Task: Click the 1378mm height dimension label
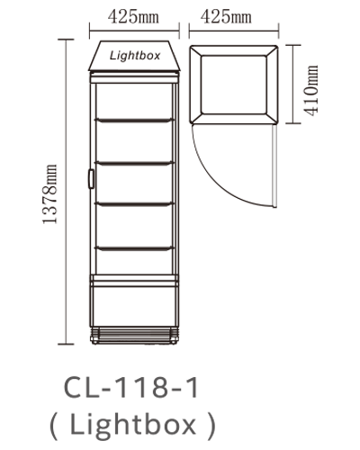click(x=49, y=193)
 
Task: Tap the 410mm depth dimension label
click(x=310, y=90)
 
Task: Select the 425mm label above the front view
click(x=133, y=17)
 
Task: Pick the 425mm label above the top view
click(x=226, y=17)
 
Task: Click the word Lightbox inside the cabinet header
click(x=135, y=56)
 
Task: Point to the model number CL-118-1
click(x=131, y=388)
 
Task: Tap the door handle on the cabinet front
click(x=91, y=179)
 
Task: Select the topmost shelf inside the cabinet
click(x=134, y=121)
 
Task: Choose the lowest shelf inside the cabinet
click(x=134, y=248)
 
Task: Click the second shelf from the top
click(x=134, y=164)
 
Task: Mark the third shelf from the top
click(x=134, y=204)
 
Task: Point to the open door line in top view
click(x=274, y=166)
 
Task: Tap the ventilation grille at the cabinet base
click(x=134, y=336)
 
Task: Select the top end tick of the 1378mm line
click(x=66, y=40)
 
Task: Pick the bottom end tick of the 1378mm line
click(x=66, y=344)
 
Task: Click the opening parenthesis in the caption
click(x=53, y=425)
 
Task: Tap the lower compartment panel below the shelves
click(x=134, y=307)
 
